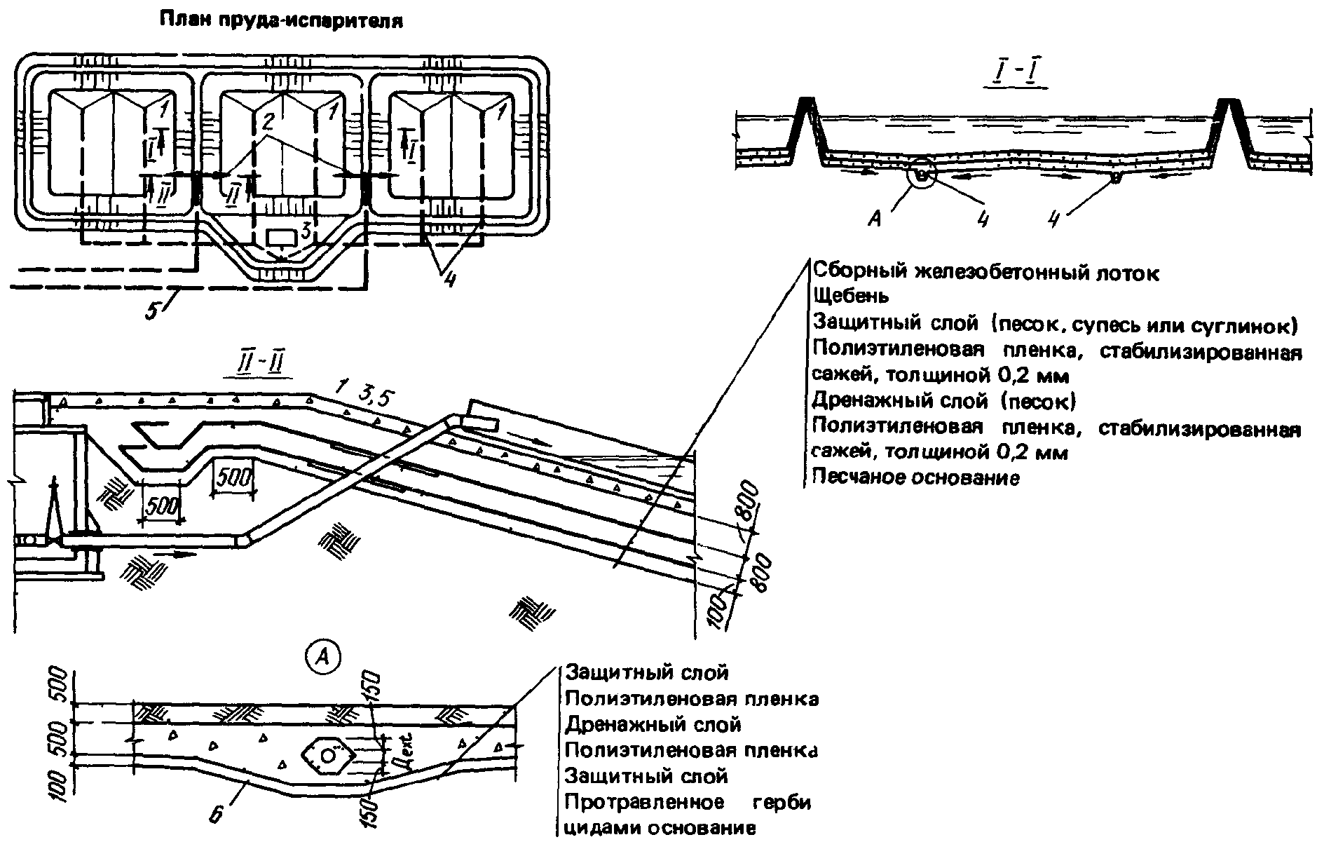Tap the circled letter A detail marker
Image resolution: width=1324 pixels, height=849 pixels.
click(x=323, y=656)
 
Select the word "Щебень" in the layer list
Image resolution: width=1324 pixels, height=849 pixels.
click(x=851, y=297)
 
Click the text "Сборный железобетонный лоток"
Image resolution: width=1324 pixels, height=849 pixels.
click(x=985, y=272)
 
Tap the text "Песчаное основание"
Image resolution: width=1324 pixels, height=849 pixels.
click(x=915, y=478)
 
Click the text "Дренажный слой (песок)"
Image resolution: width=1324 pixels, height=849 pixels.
click(x=943, y=402)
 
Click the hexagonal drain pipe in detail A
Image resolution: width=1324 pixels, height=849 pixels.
click(x=329, y=755)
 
